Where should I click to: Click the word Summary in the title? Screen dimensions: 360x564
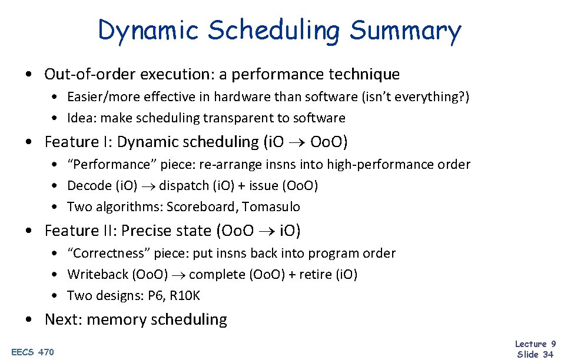click(405, 31)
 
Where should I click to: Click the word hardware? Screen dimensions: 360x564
click(242, 96)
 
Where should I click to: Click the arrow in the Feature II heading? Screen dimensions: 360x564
click(263, 231)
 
